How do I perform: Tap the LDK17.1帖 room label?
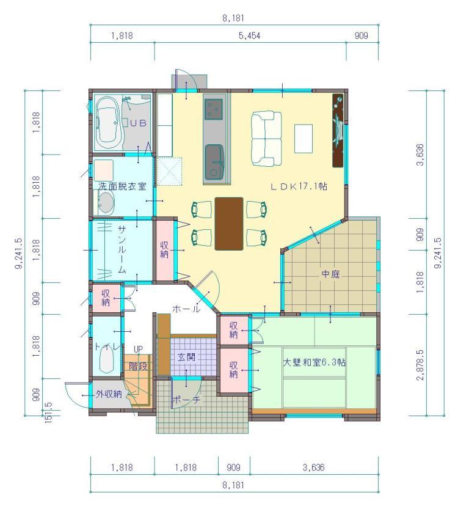point(299,186)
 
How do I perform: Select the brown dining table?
point(229,224)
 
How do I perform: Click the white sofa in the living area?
point(266,139)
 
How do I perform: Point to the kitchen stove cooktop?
point(214,109)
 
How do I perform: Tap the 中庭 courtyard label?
point(330,274)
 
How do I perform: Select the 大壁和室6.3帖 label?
point(314,362)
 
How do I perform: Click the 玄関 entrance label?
point(186,357)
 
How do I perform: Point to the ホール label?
point(186,309)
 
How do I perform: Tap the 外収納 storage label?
point(109,394)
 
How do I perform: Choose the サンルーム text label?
point(122,249)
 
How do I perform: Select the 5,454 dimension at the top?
point(250,35)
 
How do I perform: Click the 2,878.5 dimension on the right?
point(420,365)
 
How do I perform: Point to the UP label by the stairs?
point(138,349)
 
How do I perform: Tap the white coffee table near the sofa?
point(304,139)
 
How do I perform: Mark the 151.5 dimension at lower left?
point(48,413)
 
